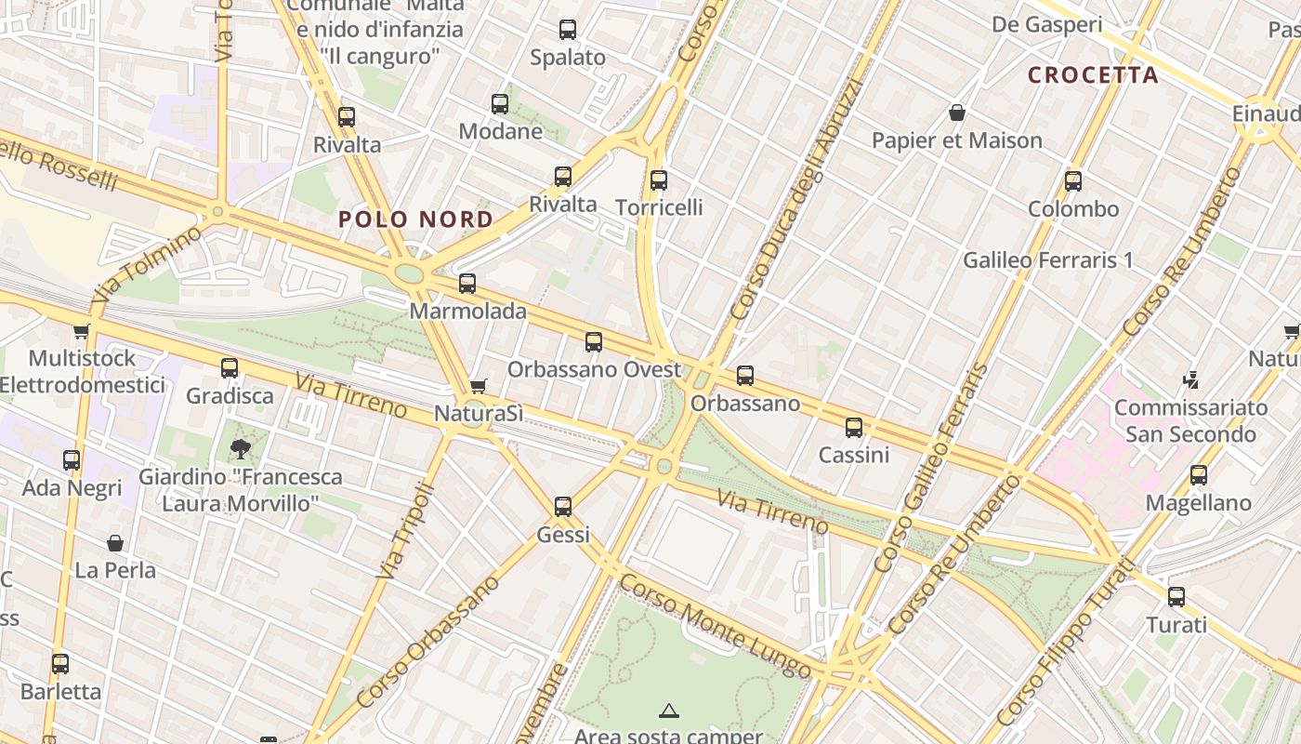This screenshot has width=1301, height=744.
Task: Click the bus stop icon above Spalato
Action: click(568, 30)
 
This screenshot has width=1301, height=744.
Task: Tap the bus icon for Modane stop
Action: click(500, 103)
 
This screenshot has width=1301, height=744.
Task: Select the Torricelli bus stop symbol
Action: click(659, 179)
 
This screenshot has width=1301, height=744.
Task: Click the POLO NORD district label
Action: click(415, 219)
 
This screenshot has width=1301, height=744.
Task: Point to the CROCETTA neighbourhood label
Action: click(1093, 75)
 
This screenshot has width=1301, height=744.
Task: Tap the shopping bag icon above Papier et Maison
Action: click(957, 113)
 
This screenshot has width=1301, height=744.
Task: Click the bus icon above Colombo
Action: click(1073, 181)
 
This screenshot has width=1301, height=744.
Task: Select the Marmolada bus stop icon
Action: click(467, 284)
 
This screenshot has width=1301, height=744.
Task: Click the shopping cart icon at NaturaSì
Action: click(479, 386)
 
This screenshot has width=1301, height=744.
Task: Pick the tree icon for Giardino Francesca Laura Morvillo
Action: click(241, 449)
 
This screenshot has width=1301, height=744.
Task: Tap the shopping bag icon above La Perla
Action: click(115, 542)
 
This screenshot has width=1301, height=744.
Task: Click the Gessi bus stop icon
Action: click(563, 507)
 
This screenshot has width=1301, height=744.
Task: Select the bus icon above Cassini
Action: click(854, 428)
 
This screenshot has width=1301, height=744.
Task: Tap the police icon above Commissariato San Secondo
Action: click(1191, 379)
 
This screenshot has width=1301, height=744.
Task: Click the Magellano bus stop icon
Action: click(1199, 475)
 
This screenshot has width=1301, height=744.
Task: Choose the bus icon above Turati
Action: click(1176, 597)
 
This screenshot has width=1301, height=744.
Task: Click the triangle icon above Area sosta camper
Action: click(668, 711)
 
